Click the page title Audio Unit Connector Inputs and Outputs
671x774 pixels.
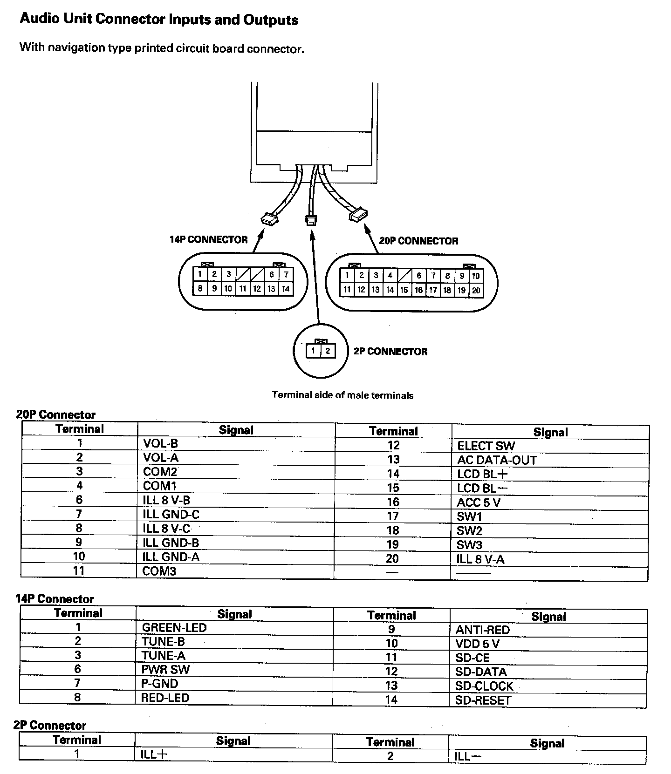159,20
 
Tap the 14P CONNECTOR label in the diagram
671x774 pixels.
208,239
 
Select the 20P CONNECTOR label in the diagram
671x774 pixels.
418,241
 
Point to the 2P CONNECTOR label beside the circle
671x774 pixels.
390,352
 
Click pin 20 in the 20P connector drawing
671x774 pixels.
476,291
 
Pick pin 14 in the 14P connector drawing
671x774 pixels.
286,289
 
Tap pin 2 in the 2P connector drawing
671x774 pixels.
328,351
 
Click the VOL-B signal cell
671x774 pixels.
160,443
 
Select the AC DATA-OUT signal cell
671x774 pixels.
497,460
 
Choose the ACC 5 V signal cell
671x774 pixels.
479,502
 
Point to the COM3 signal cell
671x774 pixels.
159,571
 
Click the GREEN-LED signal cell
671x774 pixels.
174,627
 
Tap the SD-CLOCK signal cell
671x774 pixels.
484,686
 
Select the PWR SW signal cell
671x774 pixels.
165,670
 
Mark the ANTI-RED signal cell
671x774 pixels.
482,630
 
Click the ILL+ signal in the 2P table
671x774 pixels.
154,754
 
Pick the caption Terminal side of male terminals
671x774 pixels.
342,395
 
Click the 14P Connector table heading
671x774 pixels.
55,599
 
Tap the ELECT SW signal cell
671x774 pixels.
486,446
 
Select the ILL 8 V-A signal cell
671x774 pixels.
480,559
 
